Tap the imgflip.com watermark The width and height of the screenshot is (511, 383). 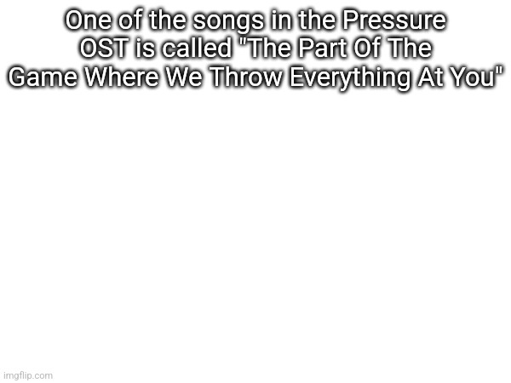(27, 374)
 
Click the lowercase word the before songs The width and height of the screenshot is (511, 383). (174, 20)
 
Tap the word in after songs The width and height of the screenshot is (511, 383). (282, 20)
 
